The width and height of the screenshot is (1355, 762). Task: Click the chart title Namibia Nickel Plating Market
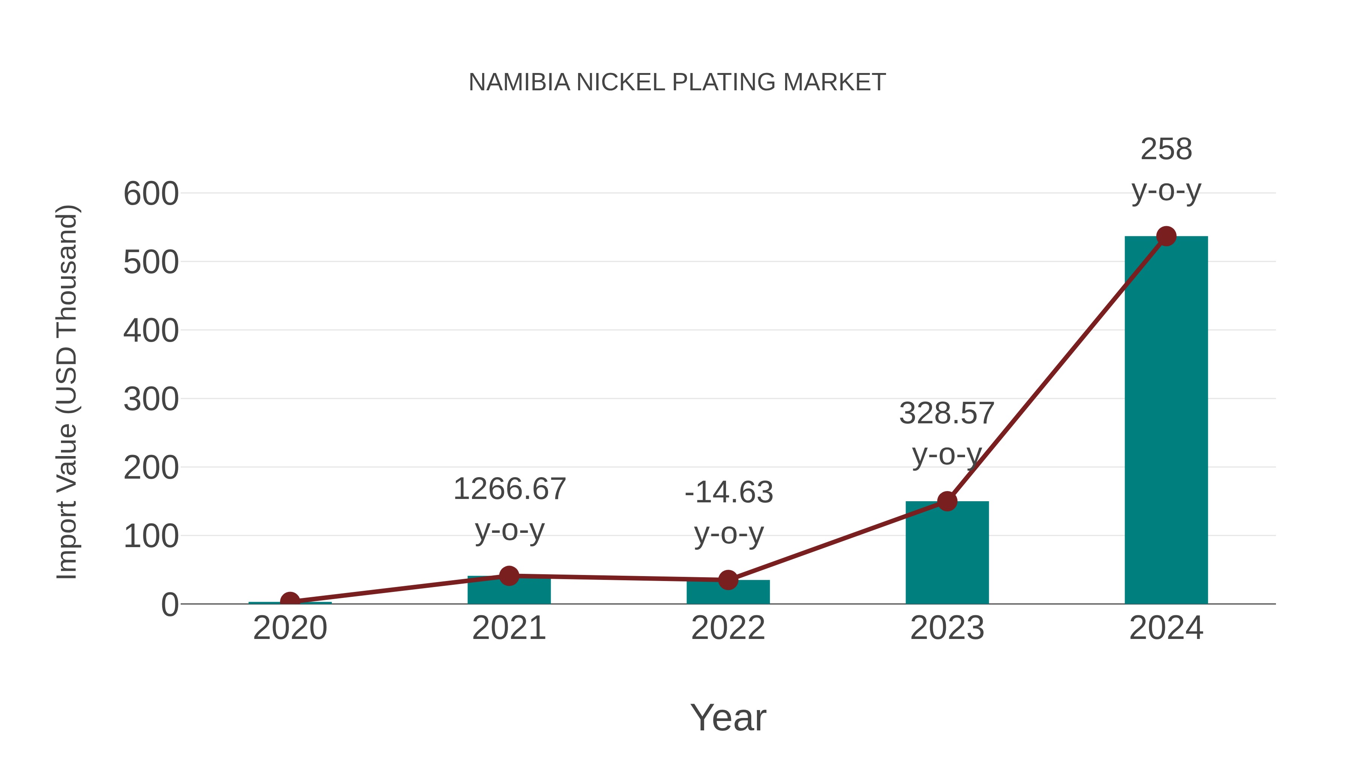(x=677, y=82)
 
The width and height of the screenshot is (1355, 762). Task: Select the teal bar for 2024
(x=1166, y=421)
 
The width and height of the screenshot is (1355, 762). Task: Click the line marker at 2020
(x=290, y=601)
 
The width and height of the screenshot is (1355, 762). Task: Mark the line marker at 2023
(x=947, y=501)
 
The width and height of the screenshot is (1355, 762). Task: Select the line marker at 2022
(x=728, y=580)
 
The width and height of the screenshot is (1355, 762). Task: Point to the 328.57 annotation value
(x=947, y=413)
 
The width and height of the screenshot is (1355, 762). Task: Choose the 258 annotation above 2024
(x=1166, y=149)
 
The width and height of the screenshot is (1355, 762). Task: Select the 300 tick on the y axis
(x=151, y=399)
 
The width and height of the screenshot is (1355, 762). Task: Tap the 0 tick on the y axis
(x=169, y=605)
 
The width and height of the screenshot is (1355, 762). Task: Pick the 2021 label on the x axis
(x=509, y=628)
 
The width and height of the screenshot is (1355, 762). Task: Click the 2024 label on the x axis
(x=1166, y=628)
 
